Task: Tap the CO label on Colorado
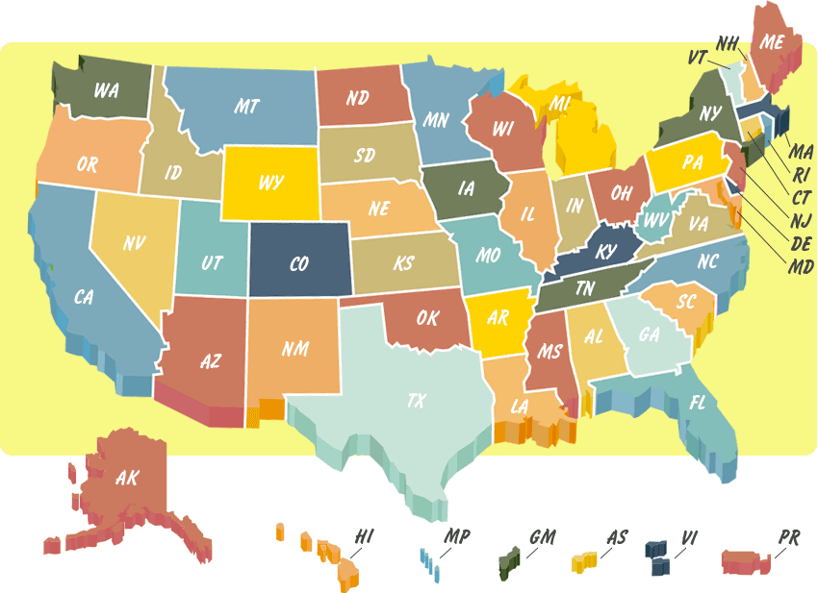pyautogui.click(x=298, y=262)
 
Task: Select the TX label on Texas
pyautogui.click(x=416, y=400)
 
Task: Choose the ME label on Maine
pyautogui.click(x=773, y=41)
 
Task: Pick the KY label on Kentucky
pyautogui.click(x=605, y=252)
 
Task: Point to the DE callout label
pyautogui.click(x=800, y=242)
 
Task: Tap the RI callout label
pyautogui.click(x=801, y=176)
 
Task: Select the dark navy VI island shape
pyautogui.click(x=660, y=556)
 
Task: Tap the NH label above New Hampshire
pyautogui.click(x=729, y=43)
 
